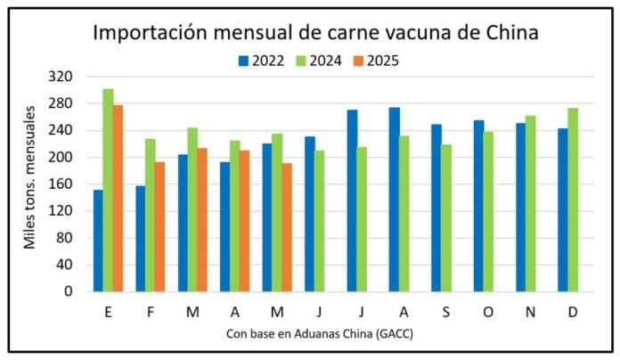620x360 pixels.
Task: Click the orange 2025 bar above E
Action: point(118,198)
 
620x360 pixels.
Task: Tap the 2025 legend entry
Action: point(383,61)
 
